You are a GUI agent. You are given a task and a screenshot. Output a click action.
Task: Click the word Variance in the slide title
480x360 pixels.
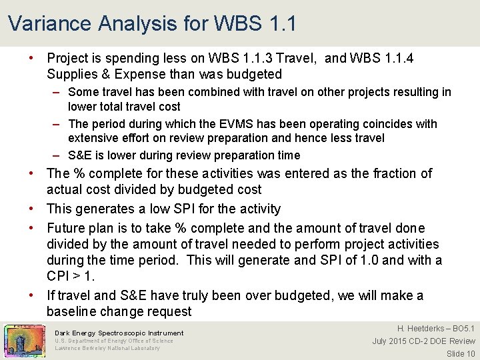click(x=49, y=23)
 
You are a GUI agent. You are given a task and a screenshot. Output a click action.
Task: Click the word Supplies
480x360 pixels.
click(x=72, y=74)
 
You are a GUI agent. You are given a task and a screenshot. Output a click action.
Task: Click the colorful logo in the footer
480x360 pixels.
click(x=24, y=341)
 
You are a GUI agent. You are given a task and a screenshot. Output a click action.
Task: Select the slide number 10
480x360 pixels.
click(x=470, y=354)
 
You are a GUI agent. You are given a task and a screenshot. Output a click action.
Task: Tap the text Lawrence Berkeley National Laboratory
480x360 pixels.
click(x=107, y=348)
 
